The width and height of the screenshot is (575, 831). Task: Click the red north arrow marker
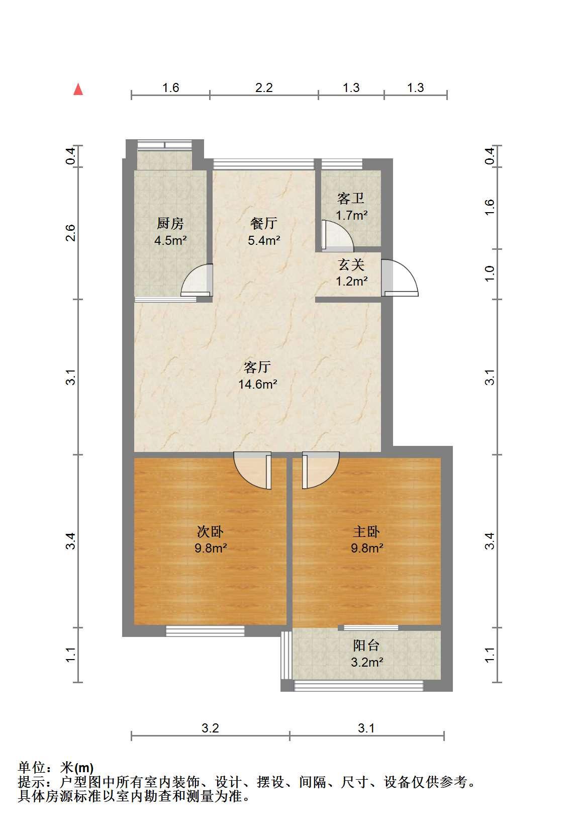coord(78,89)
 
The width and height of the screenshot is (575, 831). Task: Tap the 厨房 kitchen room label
coord(170,223)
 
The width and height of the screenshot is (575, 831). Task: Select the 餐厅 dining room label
coord(264,223)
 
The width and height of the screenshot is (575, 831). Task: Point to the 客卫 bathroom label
coord(351,199)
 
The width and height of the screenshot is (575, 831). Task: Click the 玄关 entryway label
coord(351,265)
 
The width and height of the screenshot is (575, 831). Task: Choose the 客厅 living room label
coord(257,367)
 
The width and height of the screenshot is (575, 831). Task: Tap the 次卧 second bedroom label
coord(210,531)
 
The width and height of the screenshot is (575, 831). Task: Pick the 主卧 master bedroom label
coord(366,531)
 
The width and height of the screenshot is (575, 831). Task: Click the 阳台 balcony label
coord(366,645)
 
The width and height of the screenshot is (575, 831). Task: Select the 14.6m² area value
coord(258,384)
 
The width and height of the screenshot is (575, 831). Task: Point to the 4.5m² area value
coord(170,240)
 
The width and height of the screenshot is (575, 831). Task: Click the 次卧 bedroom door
coord(253,471)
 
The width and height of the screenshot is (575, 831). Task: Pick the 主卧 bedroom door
coord(321,470)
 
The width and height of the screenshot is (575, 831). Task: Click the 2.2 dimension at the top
coord(264,88)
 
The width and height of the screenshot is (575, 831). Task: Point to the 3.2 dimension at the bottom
coord(210,728)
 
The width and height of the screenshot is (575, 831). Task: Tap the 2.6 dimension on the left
coord(70,233)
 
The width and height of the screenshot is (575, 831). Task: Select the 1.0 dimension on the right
coord(490,274)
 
